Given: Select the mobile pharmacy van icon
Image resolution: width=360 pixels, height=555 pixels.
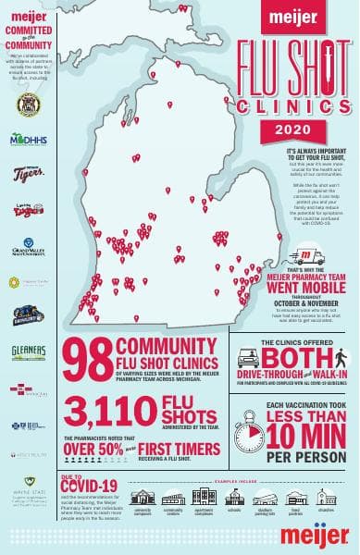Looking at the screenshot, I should (x=301, y=256).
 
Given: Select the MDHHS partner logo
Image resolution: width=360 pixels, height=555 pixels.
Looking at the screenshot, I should (x=27, y=140).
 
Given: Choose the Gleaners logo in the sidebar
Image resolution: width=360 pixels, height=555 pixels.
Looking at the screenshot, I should (x=28, y=351).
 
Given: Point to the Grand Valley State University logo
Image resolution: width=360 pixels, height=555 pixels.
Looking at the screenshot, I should (x=27, y=248).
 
